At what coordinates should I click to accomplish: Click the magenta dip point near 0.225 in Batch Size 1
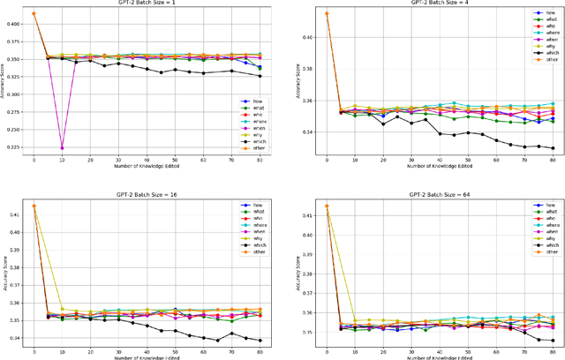point(62,148)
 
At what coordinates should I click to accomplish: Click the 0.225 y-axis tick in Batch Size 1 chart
point(14,148)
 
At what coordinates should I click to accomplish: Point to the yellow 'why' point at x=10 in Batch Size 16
point(62,309)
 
